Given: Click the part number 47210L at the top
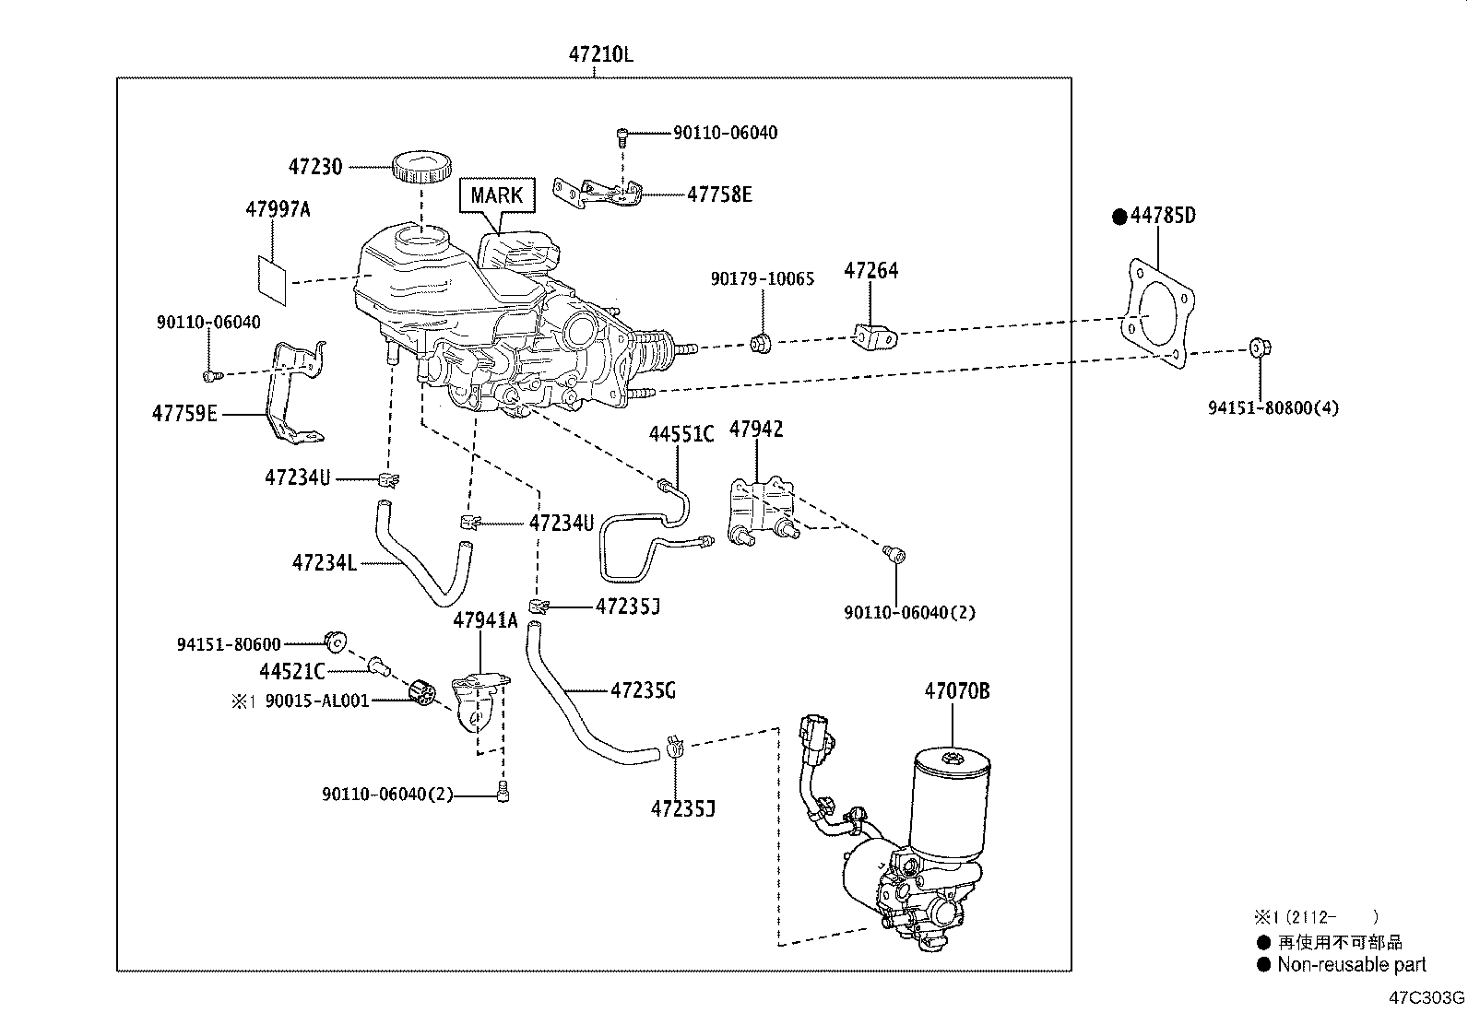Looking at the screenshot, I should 600,54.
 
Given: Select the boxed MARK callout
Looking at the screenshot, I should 496,195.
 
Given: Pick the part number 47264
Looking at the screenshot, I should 871,270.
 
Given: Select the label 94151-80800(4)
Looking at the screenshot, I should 1273,406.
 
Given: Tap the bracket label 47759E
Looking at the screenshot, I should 184,414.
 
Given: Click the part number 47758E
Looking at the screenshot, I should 719,194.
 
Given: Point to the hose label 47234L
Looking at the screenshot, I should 324,562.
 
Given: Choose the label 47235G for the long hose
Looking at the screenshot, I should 644,689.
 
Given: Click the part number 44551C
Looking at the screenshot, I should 681,434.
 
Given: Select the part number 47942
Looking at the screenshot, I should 756,429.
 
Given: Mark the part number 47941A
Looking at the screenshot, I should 485,620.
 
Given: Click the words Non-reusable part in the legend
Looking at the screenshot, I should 1351,965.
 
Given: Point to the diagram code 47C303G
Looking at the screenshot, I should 1428,998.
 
